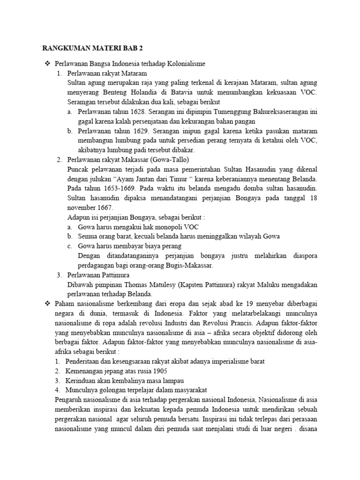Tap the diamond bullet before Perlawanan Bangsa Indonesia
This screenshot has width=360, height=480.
(46, 63)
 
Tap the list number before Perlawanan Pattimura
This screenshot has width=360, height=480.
(59, 275)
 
